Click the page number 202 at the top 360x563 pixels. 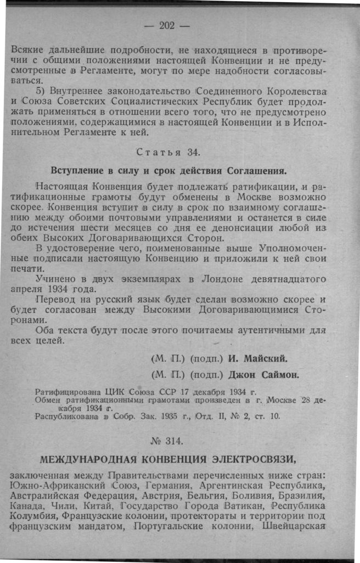point(166,25)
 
